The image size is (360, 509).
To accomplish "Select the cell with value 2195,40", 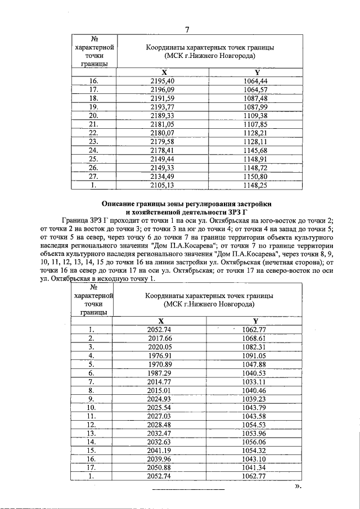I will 164,81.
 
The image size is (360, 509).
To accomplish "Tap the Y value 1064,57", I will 256,89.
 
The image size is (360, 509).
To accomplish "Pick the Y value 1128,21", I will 256,133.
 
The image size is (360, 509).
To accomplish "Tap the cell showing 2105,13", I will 164,184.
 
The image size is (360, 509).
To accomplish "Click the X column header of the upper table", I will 164,72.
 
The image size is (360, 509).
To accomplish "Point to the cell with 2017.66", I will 159,337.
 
